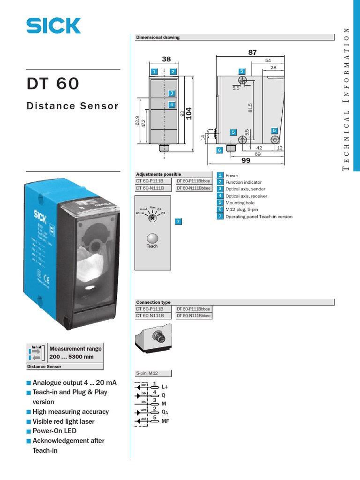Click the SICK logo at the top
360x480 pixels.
click(x=53, y=26)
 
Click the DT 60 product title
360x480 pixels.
click(x=53, y=84)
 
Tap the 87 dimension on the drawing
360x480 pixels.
click(x=253, y=52)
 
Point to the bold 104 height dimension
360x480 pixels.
click(x=189, y=114)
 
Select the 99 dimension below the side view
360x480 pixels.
click(x=246, y=160)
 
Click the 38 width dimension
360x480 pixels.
click(x=166, y=59)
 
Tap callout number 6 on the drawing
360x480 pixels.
click(x=219, y=150)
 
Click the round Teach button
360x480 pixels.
click(x=152, y=238)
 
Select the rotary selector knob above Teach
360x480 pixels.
click(x=152, y=218)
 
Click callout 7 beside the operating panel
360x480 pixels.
click(x=178, y=221)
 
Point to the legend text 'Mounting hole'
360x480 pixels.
click(x=240, y=203)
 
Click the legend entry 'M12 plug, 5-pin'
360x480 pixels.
click(x=243, y=210)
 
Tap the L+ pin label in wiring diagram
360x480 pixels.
click(x=165, y=387)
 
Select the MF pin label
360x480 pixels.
click(x=165, y=421)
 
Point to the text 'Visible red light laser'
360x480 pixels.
click(x=63, y=421)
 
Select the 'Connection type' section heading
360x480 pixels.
click(x=153, y=302)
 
